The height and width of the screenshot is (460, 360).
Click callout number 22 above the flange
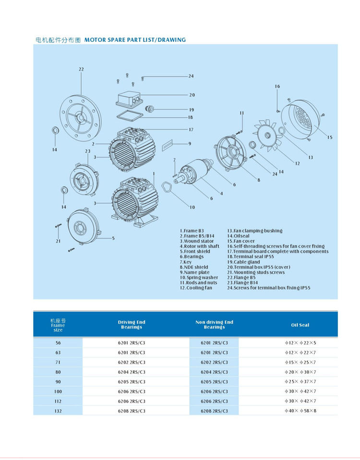(81, 69)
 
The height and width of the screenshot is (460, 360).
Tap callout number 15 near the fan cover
(330, 138)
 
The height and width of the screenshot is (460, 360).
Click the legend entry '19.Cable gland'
(247, 262)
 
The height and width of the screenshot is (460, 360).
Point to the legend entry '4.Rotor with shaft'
(199, 246)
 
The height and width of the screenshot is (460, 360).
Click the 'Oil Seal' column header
(300, 325)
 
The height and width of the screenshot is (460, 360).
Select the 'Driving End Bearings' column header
(132, 325)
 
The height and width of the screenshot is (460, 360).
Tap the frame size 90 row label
(58, 382)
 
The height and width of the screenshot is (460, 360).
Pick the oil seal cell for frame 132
(300, 411)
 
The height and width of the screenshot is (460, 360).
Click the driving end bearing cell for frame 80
(132, 372)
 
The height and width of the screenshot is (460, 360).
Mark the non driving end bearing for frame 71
(214, 363)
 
